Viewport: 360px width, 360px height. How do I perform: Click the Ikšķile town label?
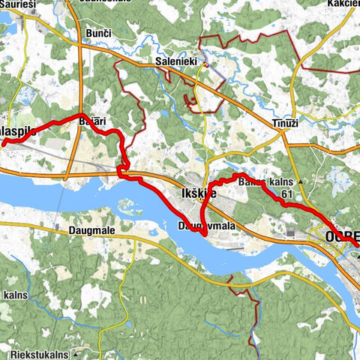[x=199, y=193]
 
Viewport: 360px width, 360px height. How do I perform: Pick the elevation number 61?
[x=286, y=193]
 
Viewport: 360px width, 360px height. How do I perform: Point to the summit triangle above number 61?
[x=300, y=182]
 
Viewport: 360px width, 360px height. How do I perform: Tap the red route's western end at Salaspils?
[x=2, y=142]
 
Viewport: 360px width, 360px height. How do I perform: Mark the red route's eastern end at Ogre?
[x=357, y=244]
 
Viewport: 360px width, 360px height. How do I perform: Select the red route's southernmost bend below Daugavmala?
[x=203, y=232]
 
